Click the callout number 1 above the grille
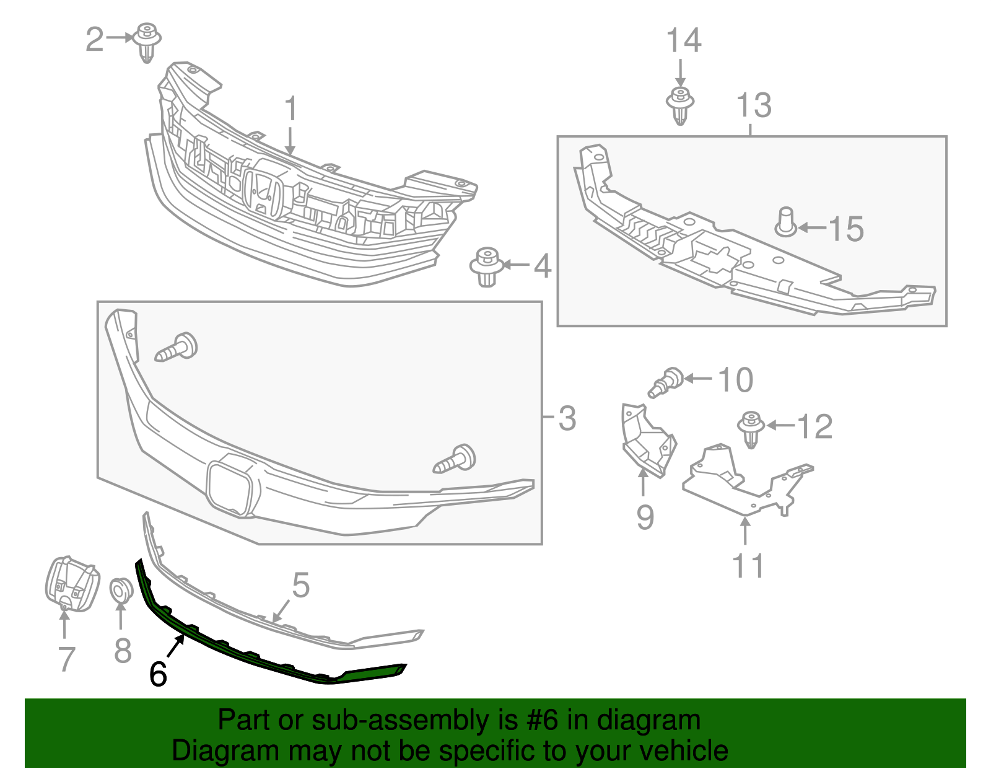pyautogui.click(x=290, y=110)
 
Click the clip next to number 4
pyautogui.click(x=486, y=266)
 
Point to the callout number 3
pyautogui.click(x=567, y=418)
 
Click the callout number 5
pyautogui.click(x=300, y=586)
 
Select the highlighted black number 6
pyautogui.click(x=158, y=674)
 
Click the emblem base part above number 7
pyautogui.click(x=71, y=583)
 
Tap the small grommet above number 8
pyautogui.click(x=121, y=589)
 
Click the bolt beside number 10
pyautogui.click(x=666, y=382)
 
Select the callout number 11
pyautogui.click(x=748, y=566)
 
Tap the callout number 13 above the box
pyautogui.click(x=754, y=105)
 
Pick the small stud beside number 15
pyautogui.click(x=785, y=222)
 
